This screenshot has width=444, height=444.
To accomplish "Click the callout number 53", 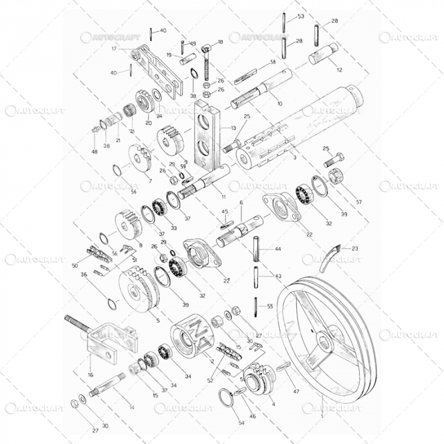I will pos(301,16).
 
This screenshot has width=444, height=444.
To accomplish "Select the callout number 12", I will pos(339,69).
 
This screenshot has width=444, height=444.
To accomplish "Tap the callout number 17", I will pos(114,48).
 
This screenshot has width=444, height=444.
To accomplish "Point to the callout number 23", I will pos(355,249).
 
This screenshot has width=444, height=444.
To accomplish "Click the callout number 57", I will pos(359,202).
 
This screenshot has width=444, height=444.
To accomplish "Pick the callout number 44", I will pos(277,249).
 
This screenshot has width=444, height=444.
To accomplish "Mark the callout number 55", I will pos(270,306).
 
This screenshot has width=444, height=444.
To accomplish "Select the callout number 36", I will pos(84,275).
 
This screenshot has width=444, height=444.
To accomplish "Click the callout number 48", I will pos(94,152).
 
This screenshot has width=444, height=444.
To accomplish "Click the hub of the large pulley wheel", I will pos(324,343).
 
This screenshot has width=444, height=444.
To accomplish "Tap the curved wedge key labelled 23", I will pos(329,258).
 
